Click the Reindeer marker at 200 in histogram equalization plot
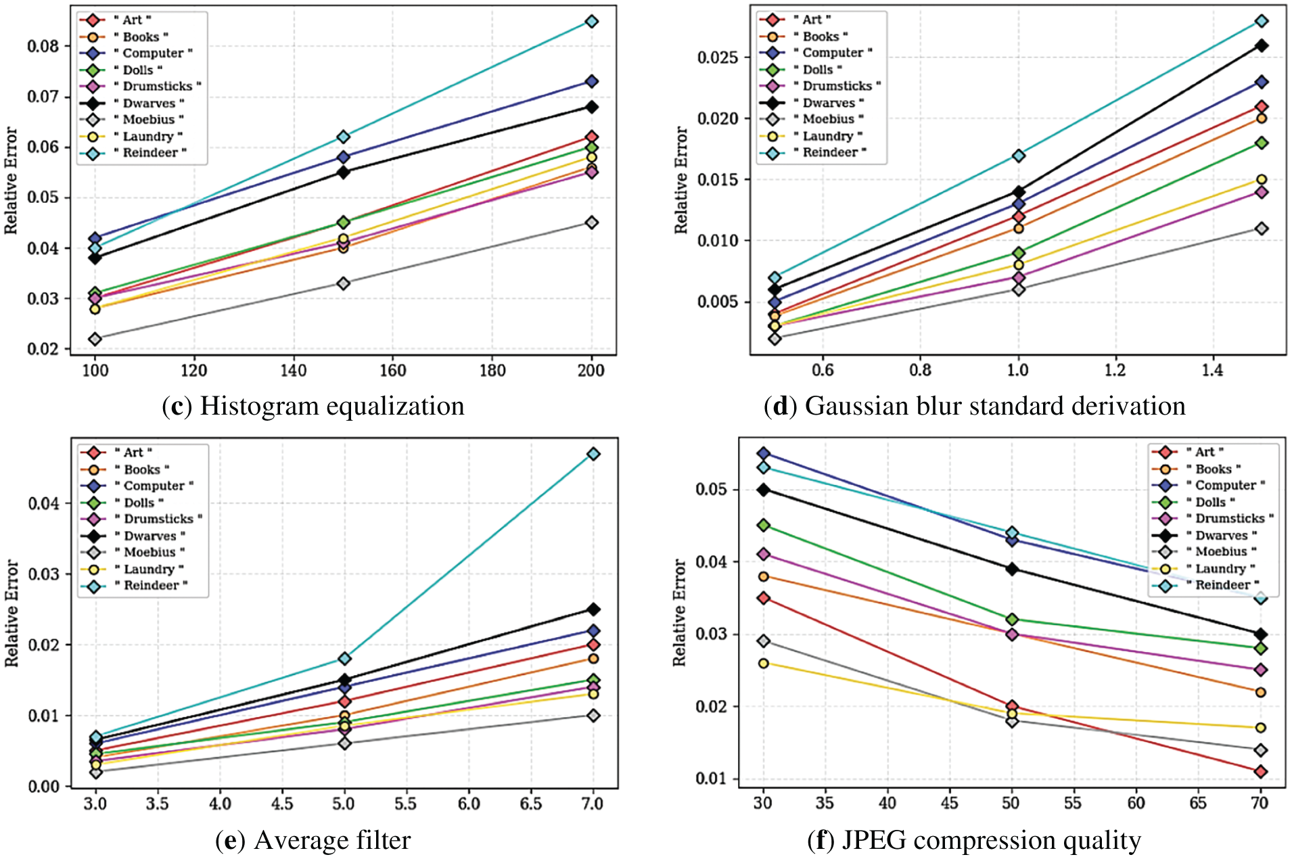pos(591,22)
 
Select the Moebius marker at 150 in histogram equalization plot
pos(343,283)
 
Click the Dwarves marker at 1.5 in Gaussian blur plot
pos(1261,46)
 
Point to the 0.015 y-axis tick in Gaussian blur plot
pos(718,180)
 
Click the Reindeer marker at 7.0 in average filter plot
pos(593,454)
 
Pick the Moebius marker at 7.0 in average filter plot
pos(593,715)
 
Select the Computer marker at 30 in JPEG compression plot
pos(764,453)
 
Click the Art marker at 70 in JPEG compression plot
pos(1260,771)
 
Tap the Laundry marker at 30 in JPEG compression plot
pos(764,663)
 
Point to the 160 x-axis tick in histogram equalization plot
pos(392,371)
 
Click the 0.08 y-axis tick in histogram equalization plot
pos(43,47)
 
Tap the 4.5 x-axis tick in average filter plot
pos(281,804)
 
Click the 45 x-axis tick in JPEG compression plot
pos(949,803)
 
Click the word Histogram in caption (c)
pos(252,407)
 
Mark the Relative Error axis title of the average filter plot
pos(12,613)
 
